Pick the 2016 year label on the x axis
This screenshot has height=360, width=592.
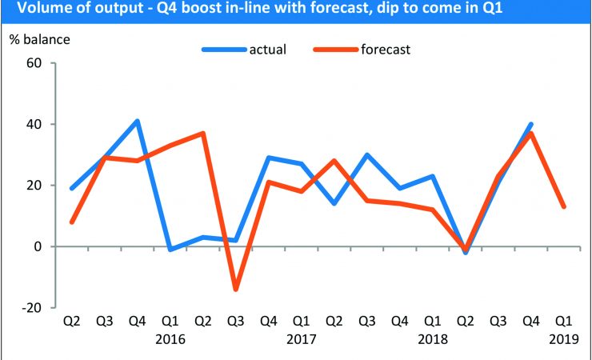point(170,339)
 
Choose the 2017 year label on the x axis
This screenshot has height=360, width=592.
point(302,339)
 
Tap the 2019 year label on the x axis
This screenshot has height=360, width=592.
point(564,339)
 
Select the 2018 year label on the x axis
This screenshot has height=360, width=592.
point(433,339)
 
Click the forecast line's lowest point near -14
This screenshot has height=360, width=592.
point(236,289)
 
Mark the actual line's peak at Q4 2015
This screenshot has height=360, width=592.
point(138,121)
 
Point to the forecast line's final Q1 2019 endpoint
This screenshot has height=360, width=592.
point(564,206)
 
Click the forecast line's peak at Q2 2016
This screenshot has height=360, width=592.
point(203,134)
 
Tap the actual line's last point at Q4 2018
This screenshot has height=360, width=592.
point(531,124)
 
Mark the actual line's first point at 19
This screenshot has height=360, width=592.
point(72,188)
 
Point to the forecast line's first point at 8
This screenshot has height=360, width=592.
point(72,222)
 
